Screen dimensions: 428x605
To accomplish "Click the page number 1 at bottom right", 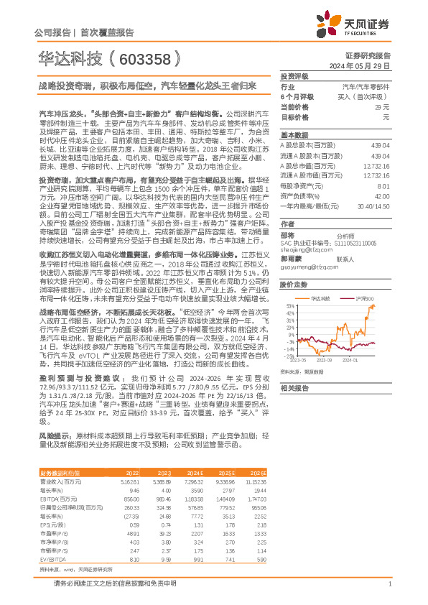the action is click(389, 585).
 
